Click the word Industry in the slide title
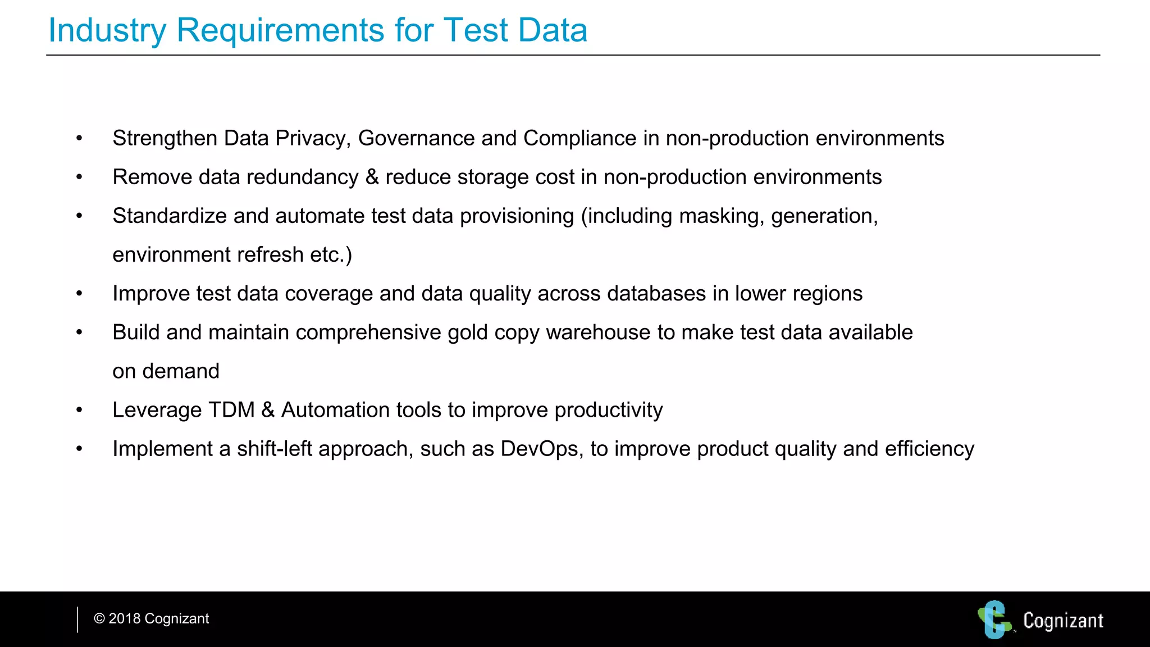(107, 30)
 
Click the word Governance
(416, 139)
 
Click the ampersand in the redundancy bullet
(372, 177)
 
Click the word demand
(180, 371)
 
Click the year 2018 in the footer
(124, 619)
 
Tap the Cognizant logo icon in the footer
(994, 619)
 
